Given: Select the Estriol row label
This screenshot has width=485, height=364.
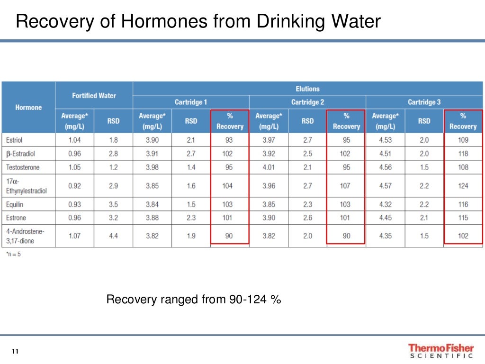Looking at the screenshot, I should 14,140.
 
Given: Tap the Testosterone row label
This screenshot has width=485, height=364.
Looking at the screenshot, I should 23,167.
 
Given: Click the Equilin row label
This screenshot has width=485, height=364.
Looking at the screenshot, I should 15,204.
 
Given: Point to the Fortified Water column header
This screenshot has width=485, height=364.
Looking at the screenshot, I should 94,96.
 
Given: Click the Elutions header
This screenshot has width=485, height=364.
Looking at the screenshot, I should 307,89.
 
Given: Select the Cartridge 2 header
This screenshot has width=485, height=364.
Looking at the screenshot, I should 307,102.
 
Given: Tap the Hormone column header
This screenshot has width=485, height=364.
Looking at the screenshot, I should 28,108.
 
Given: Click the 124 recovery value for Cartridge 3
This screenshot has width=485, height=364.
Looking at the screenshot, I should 463,186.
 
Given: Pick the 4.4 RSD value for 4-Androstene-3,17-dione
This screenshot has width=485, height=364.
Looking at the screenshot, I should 113,236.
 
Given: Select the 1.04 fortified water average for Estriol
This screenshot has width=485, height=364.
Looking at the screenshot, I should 74,140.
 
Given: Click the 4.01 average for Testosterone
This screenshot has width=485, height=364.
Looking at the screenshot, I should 268,167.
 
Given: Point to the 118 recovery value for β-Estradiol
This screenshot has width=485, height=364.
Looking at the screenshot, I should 463,154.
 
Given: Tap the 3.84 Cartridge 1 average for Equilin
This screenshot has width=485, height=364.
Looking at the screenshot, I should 152,204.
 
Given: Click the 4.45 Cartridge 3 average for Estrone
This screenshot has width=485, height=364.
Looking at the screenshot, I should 385,218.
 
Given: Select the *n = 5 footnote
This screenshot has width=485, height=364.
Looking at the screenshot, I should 13,254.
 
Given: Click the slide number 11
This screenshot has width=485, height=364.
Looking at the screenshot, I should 15,351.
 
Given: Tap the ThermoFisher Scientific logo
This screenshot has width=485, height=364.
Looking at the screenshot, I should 440,351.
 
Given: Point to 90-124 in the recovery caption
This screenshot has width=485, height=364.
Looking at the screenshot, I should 246,300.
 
